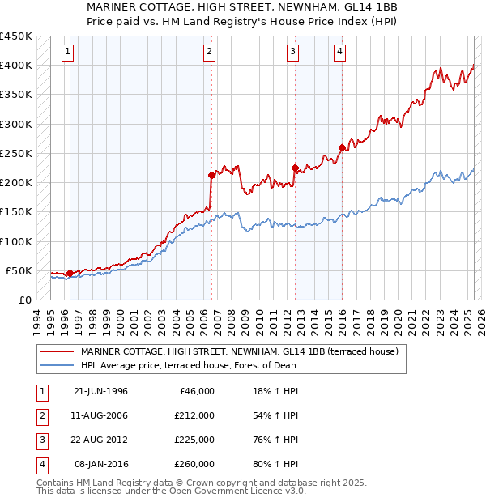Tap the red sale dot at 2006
coord(211,175)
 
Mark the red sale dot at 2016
coord(342,147)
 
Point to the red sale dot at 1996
coord(70,273)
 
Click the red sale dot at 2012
coord(295,168)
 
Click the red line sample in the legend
coord(57,352)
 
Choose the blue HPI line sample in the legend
coord(57,365)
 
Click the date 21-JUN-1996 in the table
coord(100,391)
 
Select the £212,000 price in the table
coord(194,415)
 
